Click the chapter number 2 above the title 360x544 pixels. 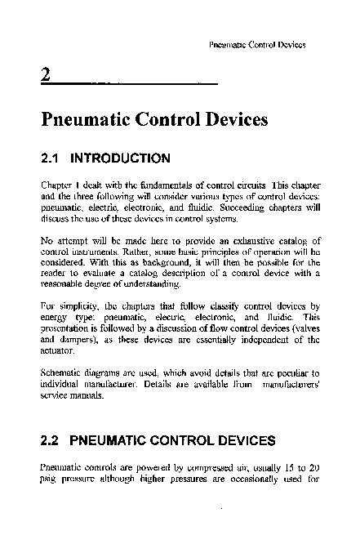click(x=46, y=78)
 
